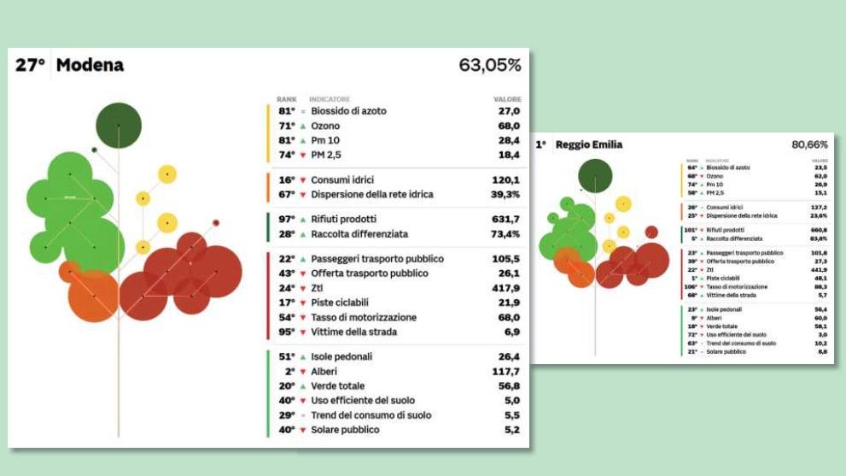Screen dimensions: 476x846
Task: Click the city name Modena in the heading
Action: (90, 65)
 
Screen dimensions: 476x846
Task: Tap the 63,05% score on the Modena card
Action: (489, 65)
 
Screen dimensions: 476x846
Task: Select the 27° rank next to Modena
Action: (30, 65)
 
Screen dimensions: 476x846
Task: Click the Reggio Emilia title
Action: (589, 145)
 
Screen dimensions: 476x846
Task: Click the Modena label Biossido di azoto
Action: (348, 111)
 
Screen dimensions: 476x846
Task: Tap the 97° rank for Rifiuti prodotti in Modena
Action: (286, 220)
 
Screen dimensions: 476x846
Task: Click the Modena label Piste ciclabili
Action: (345, 303)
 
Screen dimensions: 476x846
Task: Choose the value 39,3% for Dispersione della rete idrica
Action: (502, 195)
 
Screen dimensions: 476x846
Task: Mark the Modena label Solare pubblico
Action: (345, 430)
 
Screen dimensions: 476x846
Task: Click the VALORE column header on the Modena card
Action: (507, 99)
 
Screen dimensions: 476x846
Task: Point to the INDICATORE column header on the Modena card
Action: (330, 99)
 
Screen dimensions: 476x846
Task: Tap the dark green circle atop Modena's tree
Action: (118, 125)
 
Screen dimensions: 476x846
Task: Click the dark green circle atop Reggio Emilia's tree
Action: (595, 175)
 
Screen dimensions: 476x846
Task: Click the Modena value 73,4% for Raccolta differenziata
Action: (502, 234)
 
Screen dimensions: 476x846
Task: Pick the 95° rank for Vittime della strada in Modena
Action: (286, 332)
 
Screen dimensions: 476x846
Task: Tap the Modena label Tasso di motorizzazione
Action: (364, 317)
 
